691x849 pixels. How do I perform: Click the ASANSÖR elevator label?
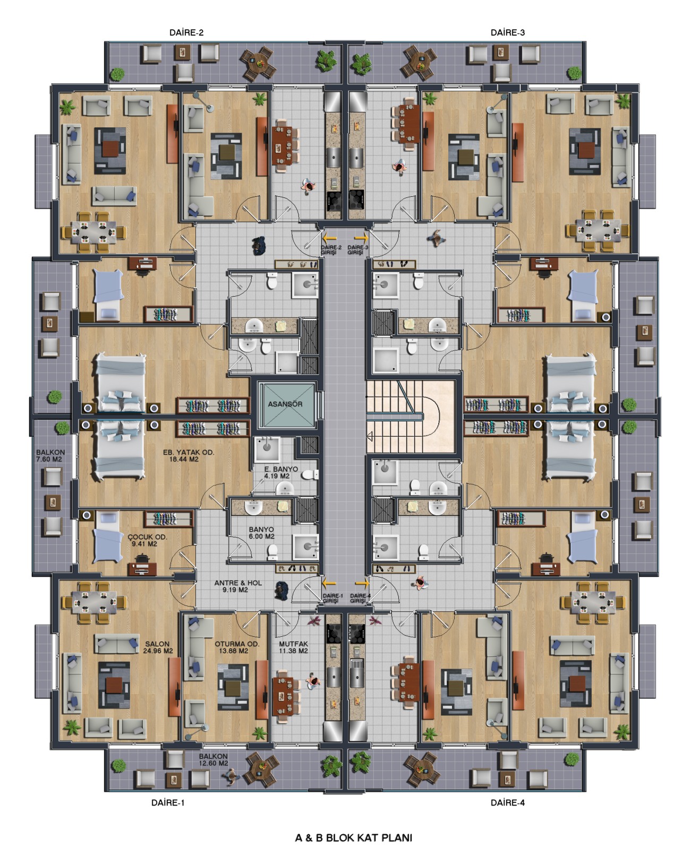click(x=285, y=404)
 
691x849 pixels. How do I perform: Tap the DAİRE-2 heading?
click(x=186, y=33)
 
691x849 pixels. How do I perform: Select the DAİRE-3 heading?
click(x=507, y=33)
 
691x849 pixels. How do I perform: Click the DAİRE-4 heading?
click(x=507, y=802)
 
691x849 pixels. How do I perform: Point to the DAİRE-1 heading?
click(x=168, y=802)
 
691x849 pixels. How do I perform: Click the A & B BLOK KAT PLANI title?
click(x=354, y=837)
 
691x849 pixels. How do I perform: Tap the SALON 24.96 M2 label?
click(x=158, y=647)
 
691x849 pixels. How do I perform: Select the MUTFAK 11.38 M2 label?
click(x=293, y=647)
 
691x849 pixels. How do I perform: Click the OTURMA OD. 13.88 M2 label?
click(x=236, y=647)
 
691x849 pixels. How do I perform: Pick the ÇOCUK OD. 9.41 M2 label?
click(x=147, y=540)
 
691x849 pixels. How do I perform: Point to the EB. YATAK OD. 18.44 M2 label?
click(x=189, y=455)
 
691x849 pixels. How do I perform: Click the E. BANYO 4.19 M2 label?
click(x=281, y=472)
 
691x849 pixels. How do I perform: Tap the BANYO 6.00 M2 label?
click(x=261, y=533)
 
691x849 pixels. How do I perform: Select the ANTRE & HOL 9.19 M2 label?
click(x=238, y=586)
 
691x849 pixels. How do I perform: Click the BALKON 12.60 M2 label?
click(x=213, y=759)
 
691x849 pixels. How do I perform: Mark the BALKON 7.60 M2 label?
click(x=50, y=455)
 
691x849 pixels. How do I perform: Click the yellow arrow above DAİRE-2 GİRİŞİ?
click(x=329, y=238)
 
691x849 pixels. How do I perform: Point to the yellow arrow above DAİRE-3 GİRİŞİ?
click(x=361, y=238)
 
